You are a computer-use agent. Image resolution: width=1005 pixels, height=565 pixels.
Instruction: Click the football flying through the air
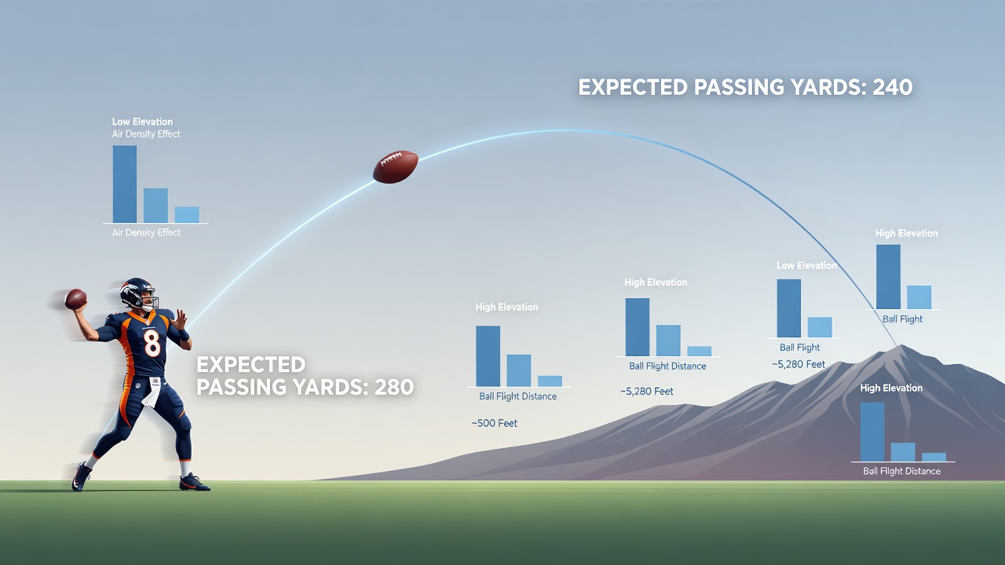point(395,167)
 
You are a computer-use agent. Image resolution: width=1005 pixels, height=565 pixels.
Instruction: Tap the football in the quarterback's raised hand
point(75,299)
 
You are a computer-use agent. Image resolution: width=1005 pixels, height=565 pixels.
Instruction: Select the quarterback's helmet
point(137,293)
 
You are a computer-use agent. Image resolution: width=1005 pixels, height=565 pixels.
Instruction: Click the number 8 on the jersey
point(152,343)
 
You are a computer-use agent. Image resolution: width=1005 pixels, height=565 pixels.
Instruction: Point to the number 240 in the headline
point(893,87)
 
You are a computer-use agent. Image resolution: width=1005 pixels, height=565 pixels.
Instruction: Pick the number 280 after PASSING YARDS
point(393,387)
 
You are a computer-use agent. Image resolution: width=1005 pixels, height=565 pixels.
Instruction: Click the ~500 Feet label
point(495,423)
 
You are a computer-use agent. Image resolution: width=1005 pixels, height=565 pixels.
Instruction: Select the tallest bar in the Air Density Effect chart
point(125,184)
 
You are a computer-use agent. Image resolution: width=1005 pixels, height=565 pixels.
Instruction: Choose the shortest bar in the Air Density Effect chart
point(187,214)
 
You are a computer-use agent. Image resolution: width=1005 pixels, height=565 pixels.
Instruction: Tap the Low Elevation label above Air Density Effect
point(142,122)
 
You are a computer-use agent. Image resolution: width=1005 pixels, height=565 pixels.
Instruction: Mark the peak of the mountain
point(899,346)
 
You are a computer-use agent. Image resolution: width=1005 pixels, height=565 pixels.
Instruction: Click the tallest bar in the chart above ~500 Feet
point(488,356)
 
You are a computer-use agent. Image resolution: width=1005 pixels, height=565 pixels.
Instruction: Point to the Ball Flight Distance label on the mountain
point(902,471)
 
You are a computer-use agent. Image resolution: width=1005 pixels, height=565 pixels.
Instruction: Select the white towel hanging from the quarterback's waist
point(152,391)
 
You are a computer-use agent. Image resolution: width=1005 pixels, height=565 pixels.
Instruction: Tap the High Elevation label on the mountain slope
point(891,388)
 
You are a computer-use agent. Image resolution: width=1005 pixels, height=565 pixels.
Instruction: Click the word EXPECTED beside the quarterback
point(250,365)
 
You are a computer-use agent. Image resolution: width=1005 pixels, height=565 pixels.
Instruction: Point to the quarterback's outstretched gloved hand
point(180,319)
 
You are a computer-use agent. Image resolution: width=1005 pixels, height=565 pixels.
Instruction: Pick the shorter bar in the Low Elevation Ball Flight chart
point(820,327)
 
